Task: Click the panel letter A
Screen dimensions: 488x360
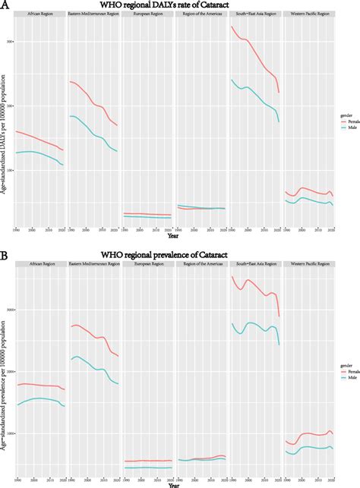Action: (x=5, y=6)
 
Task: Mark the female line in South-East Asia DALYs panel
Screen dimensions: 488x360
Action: (x=254, y=53)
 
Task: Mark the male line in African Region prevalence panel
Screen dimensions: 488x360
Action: (x=38, y=398)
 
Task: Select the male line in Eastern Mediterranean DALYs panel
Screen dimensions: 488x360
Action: (x=93, y=134)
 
